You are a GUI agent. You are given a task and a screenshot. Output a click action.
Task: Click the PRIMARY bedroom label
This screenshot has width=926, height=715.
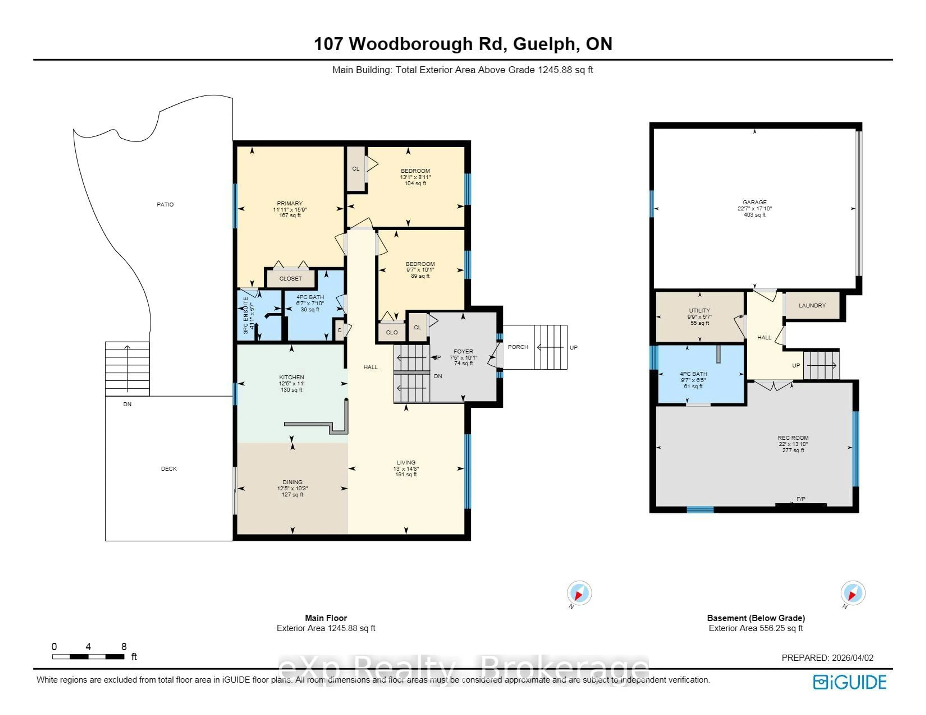(290, 203)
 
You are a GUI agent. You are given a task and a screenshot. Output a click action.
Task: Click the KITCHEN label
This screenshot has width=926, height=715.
(291, 377)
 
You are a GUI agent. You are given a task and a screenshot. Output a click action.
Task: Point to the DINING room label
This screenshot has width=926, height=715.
(292, 482)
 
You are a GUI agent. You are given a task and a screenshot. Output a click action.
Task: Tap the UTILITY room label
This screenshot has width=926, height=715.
(699, 311)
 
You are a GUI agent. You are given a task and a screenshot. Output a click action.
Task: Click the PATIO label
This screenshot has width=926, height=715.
(165, 204)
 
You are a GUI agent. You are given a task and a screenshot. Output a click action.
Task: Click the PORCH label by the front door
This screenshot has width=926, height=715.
(518, 347)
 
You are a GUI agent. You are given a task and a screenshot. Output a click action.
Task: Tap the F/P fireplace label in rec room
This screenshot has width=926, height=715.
(801, 499)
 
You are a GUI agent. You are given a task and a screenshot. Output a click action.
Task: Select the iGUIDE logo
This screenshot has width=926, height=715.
(850, 682)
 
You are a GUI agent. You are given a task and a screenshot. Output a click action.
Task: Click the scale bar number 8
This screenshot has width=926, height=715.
(124, 646)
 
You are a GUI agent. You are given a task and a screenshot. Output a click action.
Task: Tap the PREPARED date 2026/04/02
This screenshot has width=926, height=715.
(852, 658)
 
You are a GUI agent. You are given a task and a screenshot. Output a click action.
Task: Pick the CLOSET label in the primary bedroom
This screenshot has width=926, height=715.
(290, 278)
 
